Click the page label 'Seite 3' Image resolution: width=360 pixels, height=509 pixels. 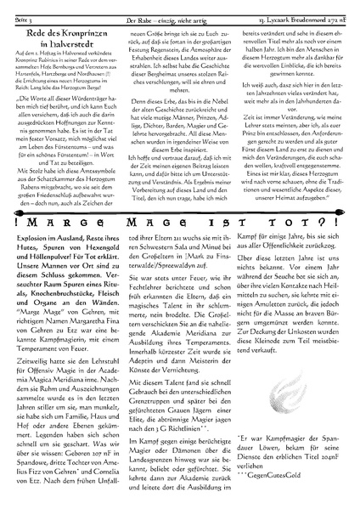click(19, 7)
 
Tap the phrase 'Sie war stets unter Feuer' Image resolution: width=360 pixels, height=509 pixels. click(159, 298)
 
